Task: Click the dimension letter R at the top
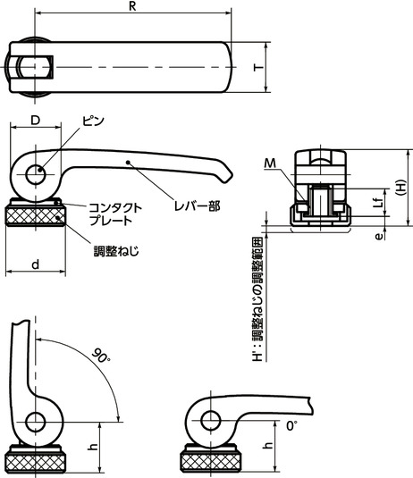(x=132, y=6)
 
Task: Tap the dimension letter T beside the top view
(x=258, y=67)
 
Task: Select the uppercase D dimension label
(x=36, y=121)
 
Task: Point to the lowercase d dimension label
(x=36, y=264)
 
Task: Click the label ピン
(x=93, y=121)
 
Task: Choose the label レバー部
(x=197, y=206)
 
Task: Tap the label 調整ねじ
(x=116, y=251)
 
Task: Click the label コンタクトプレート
(x=115, y=214)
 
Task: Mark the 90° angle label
(x=101, y=355)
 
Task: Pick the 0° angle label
(x=291, y=425)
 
